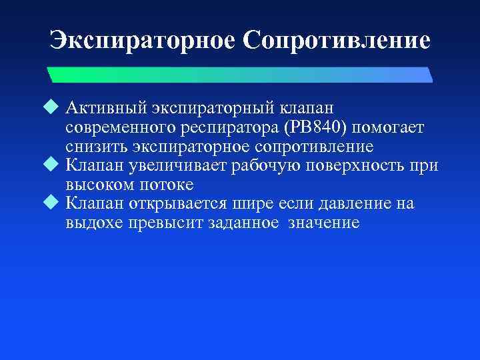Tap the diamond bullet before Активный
(55, 107)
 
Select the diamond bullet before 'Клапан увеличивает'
(55, 165)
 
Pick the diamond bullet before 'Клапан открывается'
(55, 203)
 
